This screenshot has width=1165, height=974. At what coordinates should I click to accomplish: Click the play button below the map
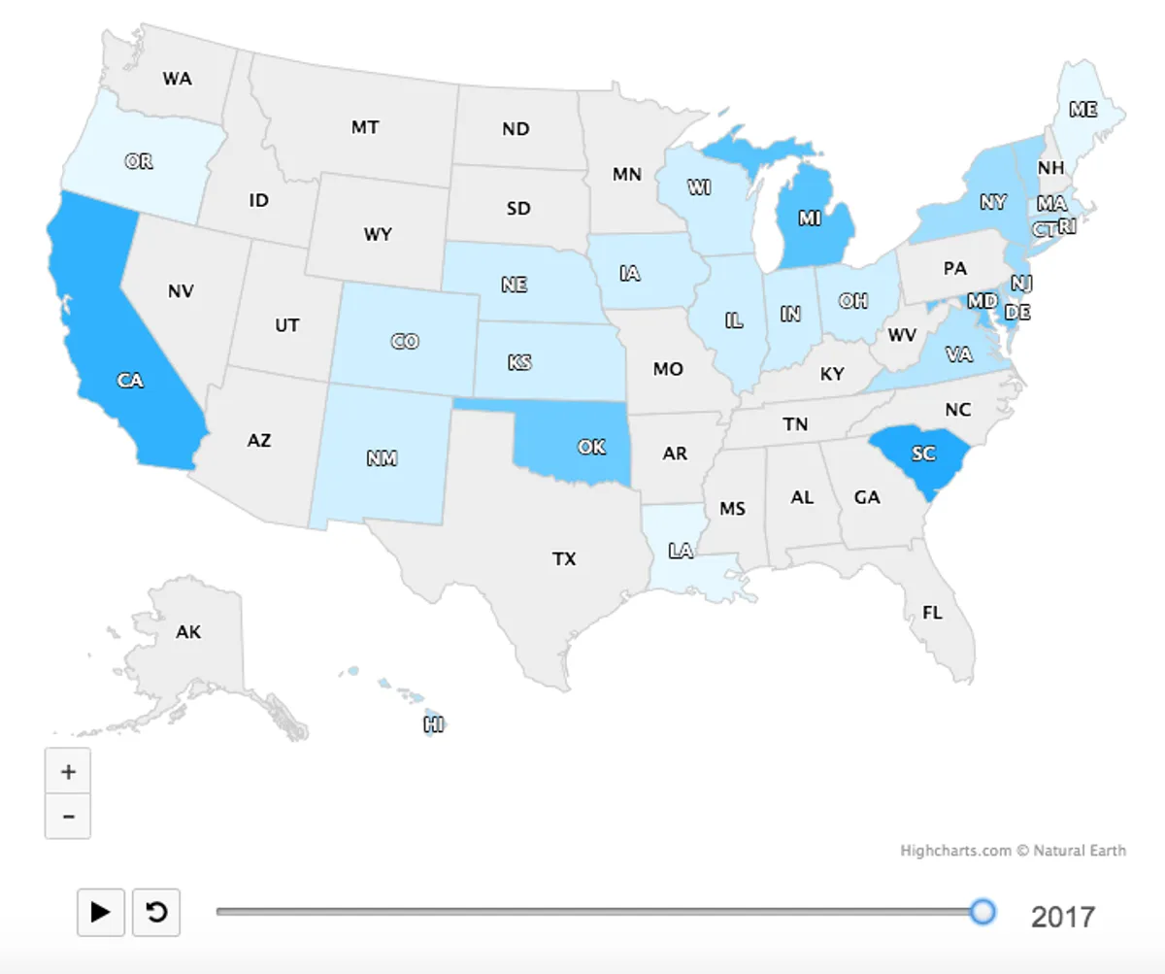[100, 912]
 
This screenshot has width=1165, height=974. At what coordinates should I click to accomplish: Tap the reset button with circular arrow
[156, 912]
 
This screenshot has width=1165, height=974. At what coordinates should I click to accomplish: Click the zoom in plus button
[68, 772]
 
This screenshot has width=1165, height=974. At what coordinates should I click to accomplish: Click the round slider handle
[983, 911]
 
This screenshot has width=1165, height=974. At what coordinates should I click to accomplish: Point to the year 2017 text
[1063, 916]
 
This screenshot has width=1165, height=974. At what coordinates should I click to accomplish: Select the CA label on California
[130, 381]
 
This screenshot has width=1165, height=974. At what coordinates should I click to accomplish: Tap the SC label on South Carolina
[923, 453]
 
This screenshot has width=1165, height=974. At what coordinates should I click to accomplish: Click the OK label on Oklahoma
[591, 447]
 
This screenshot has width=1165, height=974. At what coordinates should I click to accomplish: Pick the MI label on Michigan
[810, 218]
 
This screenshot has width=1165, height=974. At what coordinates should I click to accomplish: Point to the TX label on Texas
[564, 558]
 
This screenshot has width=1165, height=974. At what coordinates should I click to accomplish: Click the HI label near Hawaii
[434, 723]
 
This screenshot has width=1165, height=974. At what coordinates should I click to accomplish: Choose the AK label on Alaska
[188, 632]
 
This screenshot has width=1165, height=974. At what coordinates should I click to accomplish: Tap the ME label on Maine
[1083, 110]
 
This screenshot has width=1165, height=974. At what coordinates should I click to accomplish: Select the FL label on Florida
[932, 613]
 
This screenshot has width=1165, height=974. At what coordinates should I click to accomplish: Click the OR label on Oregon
[139, 161]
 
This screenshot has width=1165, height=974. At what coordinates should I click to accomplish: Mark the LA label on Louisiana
[681, 551]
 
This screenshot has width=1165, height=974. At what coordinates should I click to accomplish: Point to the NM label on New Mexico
[383, 458]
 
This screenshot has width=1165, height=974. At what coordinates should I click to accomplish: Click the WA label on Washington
[177, 79]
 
